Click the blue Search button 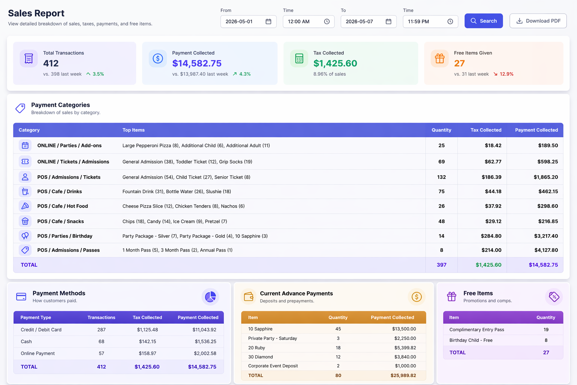(483, 21)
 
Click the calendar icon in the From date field (268, 21)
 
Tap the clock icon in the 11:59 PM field (450, 21)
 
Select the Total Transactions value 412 (51, 63)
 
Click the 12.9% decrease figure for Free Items (506, 74)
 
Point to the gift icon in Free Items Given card (440, 59)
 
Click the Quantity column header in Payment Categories (441, 130)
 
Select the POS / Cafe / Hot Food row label (62, 206)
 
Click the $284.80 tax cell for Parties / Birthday (491, 236)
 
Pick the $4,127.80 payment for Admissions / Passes (546, 250)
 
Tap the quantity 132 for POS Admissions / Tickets (441, 177)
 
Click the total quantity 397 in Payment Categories (441, 265)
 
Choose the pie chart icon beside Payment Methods (210, 297)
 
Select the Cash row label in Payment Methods (26, 341)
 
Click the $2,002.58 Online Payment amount (205, 353)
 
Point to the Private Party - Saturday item (272, 338)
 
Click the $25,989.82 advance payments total (403, 375)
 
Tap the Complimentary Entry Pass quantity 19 (546, 330)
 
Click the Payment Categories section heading (60, 105)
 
